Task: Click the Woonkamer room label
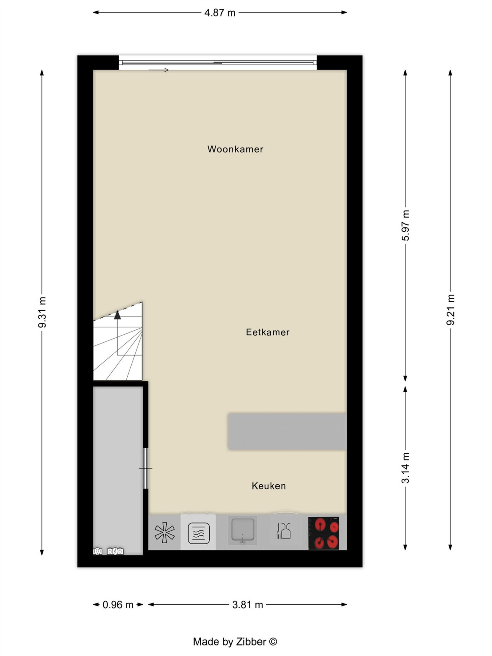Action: pos(235,149)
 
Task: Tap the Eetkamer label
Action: pos(268,332)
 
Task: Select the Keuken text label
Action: pos(269,486)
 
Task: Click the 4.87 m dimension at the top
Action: pos(220,13)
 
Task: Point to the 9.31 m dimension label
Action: pos(42,312)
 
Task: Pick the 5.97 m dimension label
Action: pos(406,225)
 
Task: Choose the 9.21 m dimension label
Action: pos(450,310)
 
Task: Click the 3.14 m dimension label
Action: pos(406,468)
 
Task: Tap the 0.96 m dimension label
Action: pos(118,605)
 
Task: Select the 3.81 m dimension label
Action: pos(248,605)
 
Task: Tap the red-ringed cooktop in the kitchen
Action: pos(324,533)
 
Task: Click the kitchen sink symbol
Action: pos(243,531)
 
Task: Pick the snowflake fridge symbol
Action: pos(165,532)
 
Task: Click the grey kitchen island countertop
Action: pos(287,432)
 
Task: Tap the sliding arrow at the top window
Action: pos(159,70)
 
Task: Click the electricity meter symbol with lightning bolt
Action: pos(115,551)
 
